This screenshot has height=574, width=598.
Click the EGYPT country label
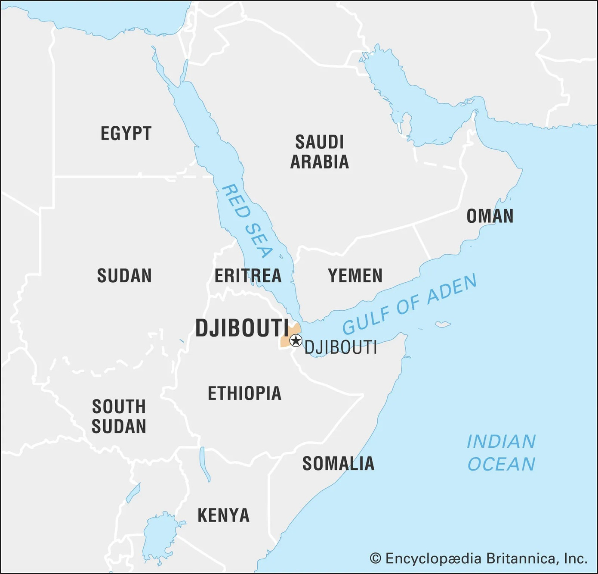coord(126,134)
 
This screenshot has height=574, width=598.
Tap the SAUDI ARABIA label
coord(319,152)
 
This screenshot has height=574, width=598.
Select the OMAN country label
coord(490,216)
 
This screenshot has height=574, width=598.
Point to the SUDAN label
coord(124,276)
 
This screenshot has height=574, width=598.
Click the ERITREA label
coord(248,276)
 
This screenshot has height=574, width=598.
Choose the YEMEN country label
coord(355,276)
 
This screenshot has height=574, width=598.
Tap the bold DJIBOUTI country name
coord(242,328)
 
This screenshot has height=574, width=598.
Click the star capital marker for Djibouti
coord(296,341)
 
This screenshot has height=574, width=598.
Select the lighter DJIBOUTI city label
coord(341,347)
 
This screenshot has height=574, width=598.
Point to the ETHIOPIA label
coord(244,393)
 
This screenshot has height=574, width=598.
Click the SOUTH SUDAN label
coord(119,416)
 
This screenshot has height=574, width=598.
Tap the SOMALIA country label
coord(338,464)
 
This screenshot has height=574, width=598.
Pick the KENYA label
coord(223,515)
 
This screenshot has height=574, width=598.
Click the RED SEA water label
coord(247,221)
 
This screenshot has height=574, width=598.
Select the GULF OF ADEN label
coord(409,304)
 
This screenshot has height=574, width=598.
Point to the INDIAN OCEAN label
coord(501,453)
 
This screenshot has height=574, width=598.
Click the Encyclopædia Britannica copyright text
coord(478,558)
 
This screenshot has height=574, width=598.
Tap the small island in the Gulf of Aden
coord(442,324)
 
